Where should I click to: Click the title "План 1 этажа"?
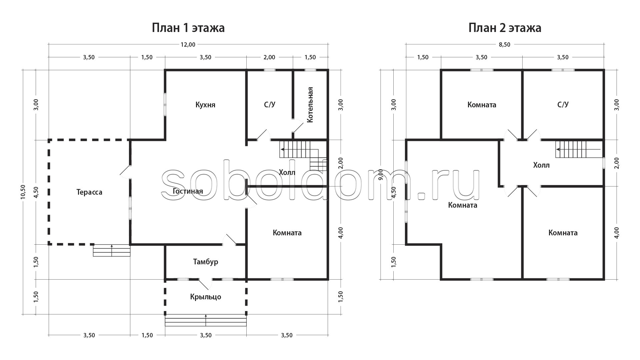click(188, 28)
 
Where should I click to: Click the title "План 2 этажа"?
click(505, 28)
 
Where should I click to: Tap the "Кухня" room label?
click(205, 105)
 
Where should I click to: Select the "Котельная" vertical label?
click(310, 105)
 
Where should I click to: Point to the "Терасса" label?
click(89, 192)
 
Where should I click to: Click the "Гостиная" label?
click(188, 191)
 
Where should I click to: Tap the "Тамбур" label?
click(206, 262)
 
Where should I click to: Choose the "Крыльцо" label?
click(206, 297)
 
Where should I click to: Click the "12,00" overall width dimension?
click(188, 45)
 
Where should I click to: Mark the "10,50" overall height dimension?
click(23, 192)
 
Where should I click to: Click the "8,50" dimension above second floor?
click(505, 45)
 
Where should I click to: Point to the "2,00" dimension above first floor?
click(269, 57)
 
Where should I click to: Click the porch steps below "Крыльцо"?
click(206, 320)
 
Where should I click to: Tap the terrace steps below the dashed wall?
click(112, 250)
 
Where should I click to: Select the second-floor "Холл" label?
click(541, 165)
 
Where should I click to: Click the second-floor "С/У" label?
click(563, 105)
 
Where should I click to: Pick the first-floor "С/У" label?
click(270, 105)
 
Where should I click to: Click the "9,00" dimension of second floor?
click(381, 175)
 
